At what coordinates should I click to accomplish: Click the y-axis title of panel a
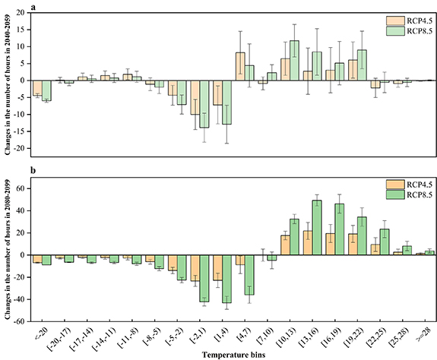point(7,84)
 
